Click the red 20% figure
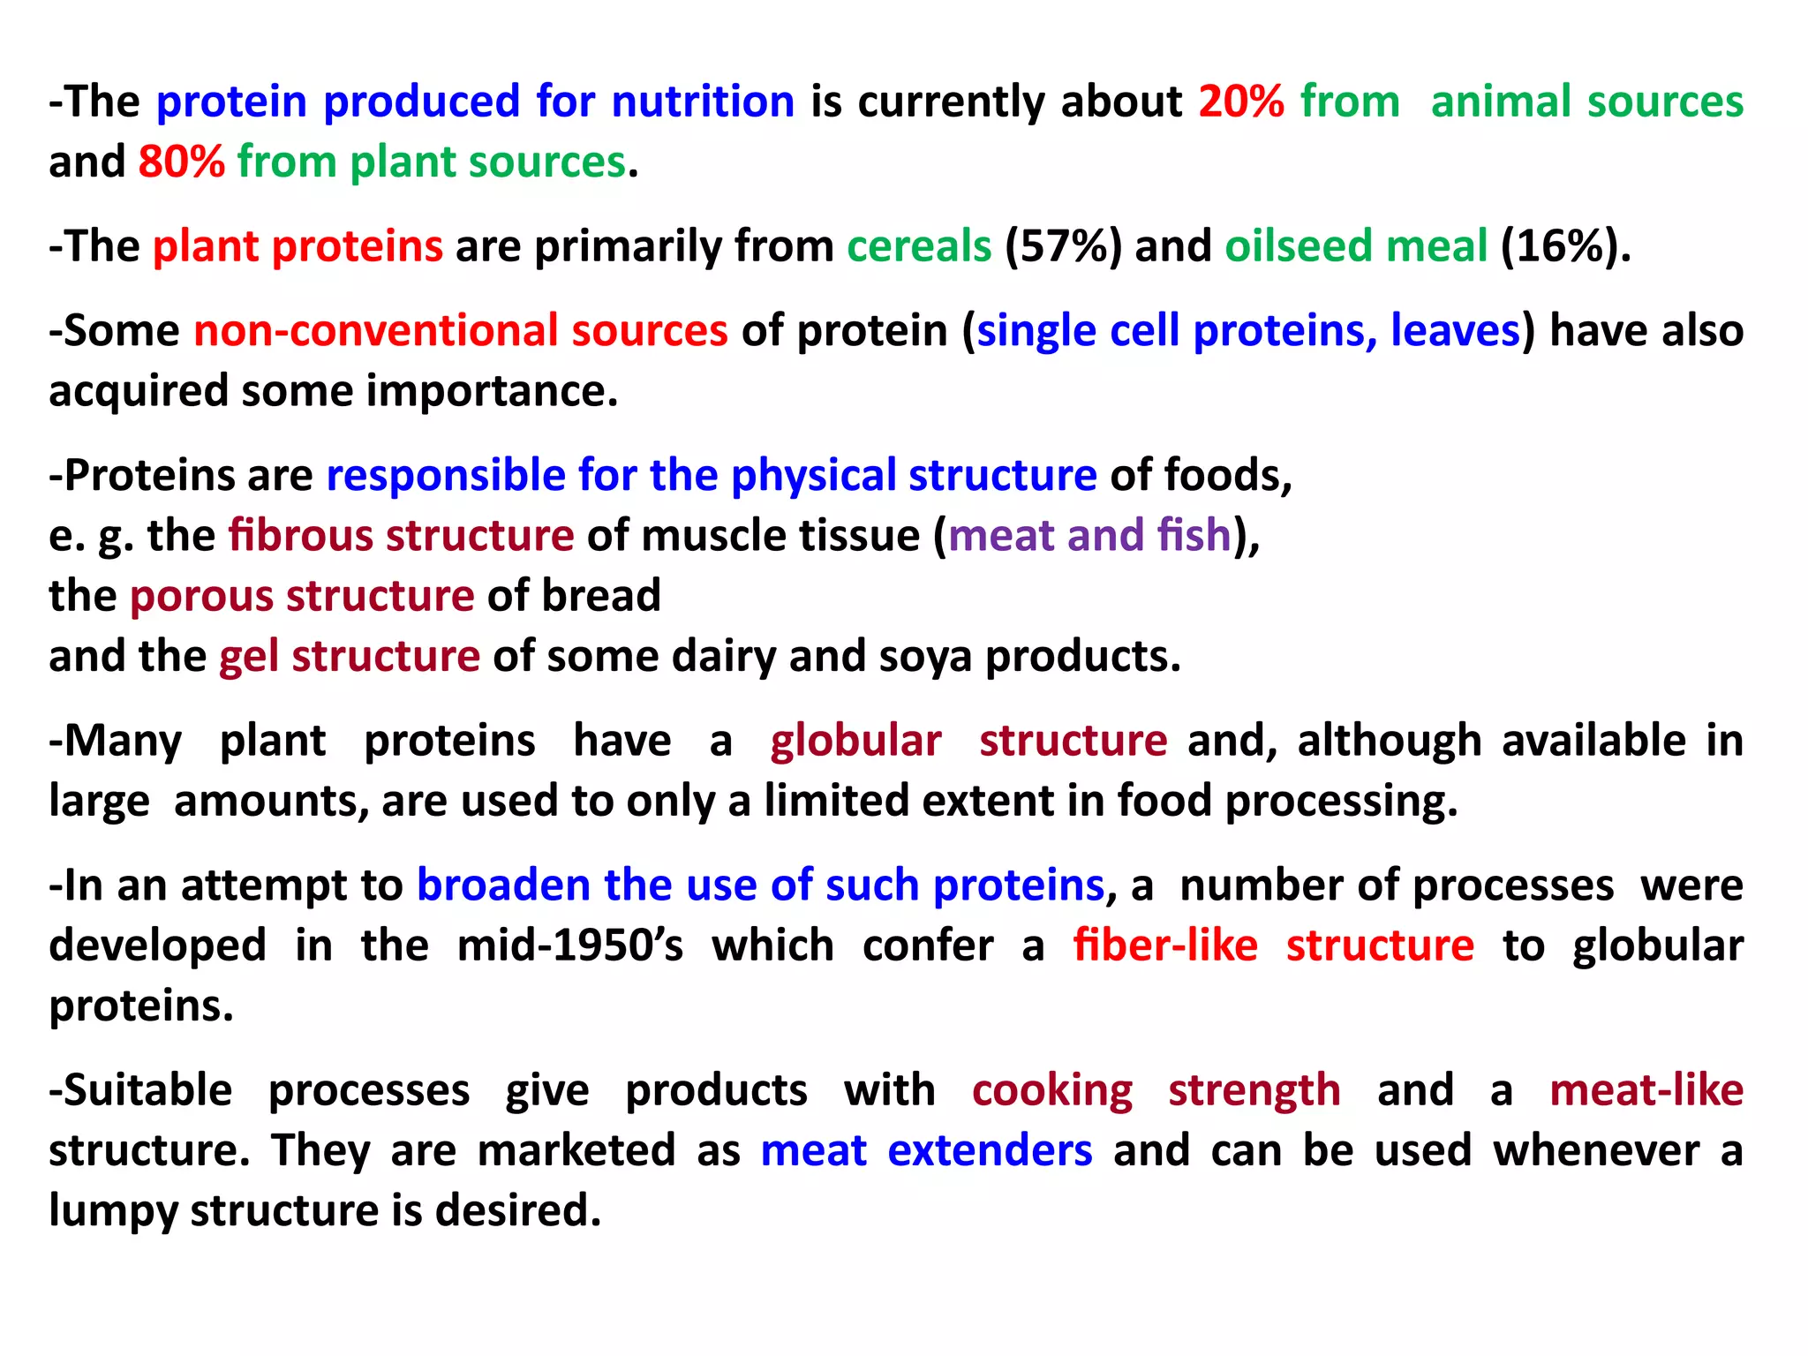point(1240,102)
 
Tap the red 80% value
point(181,162)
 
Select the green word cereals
point(919,246)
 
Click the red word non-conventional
point(376,331)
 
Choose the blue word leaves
point(1454,331)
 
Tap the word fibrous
point(300,536)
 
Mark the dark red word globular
point(855,741)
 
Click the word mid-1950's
point(569,945)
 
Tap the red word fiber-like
point(1165,945)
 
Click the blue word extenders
point(990,1151)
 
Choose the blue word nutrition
point(703,102)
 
